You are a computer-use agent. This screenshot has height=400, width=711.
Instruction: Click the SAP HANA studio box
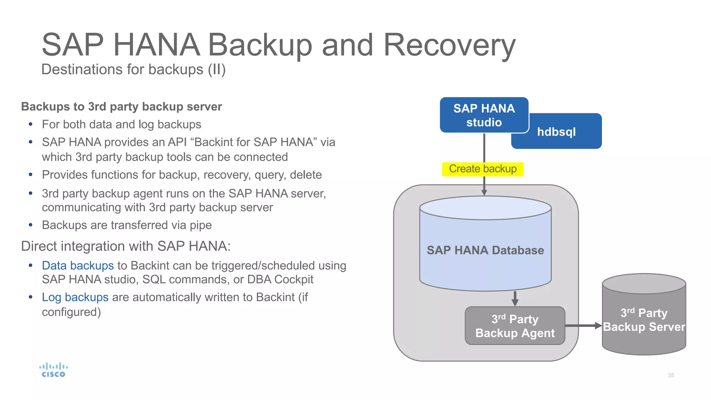[484, 115]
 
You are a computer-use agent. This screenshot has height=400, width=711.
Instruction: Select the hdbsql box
[556, 132]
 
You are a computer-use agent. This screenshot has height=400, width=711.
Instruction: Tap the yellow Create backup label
[483, 169]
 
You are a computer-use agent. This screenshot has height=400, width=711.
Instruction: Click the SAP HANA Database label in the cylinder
[485, 250]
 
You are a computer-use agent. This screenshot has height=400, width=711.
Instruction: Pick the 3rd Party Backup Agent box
[515, 326]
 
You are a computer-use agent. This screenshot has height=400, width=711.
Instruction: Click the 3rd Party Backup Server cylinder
[644, 319]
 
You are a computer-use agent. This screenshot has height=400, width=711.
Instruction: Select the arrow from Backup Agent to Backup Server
[583, 326]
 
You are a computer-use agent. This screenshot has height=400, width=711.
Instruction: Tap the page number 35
[670, 375]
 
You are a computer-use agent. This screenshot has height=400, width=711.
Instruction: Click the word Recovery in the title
[449, 45]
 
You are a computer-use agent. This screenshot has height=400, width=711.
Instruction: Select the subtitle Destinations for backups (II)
[133, 69]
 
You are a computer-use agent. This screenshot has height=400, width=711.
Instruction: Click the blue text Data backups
[78, 266]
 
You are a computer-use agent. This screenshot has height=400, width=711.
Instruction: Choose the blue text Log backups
[75, 297]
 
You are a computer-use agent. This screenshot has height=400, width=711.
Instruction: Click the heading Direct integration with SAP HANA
[126, 246]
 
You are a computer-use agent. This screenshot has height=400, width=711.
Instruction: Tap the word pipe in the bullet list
[200, 225]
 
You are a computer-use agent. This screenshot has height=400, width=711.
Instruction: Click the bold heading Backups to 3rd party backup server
[122, 107]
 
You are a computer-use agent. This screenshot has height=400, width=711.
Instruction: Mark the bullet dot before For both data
[31, 124]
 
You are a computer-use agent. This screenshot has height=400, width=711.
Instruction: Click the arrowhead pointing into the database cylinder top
[484, 193]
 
